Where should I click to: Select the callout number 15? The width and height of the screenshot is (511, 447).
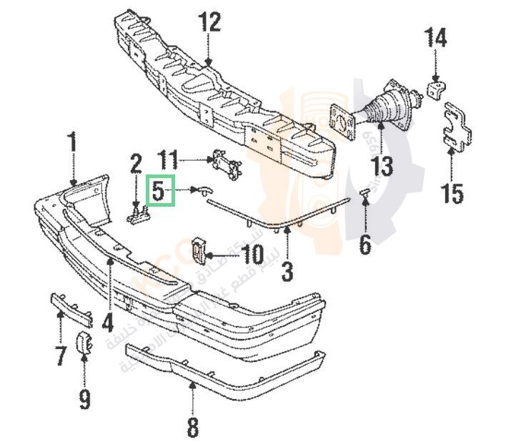[x=452, y=192]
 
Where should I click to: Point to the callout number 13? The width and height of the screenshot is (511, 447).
[x=382, y=167]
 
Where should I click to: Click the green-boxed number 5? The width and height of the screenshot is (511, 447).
[x=159, y=192]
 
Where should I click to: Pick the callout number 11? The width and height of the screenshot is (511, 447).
[x=168, y=157]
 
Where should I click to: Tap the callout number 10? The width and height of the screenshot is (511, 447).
[x=252, y=253]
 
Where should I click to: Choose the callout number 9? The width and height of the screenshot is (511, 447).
[x=84, y=398]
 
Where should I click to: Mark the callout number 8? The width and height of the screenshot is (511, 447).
[x=192, y=428]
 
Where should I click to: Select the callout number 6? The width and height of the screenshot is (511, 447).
[x=365, y=245]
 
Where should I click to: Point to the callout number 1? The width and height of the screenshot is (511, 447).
[x=72, y=142]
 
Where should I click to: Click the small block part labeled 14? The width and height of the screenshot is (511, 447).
[x=435, y=89]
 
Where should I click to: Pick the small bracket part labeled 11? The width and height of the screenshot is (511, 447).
[x=226, y=164]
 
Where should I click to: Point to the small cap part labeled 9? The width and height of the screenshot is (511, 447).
[x=84, y=343]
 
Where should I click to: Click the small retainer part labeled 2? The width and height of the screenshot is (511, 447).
[x=137, y=213]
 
